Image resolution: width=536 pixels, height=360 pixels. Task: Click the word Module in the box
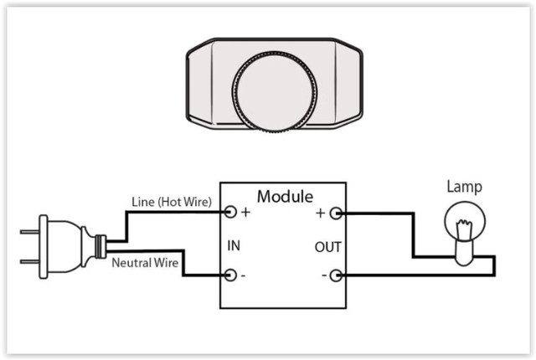[285, 198]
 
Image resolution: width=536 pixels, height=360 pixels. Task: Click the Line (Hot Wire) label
[172, 202]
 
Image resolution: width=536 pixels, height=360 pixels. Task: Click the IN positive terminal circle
[229, 212]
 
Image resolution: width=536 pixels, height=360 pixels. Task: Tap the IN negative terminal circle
[229, 275]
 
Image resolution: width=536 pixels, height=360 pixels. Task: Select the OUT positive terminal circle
[335, 213]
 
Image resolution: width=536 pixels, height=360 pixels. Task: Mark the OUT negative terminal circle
[335, 275]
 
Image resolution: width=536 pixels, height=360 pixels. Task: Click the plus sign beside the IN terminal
[245, 213]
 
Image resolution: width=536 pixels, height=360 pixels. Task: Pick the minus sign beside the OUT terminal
[322, 275]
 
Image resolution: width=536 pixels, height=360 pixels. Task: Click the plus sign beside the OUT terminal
[320, 213]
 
